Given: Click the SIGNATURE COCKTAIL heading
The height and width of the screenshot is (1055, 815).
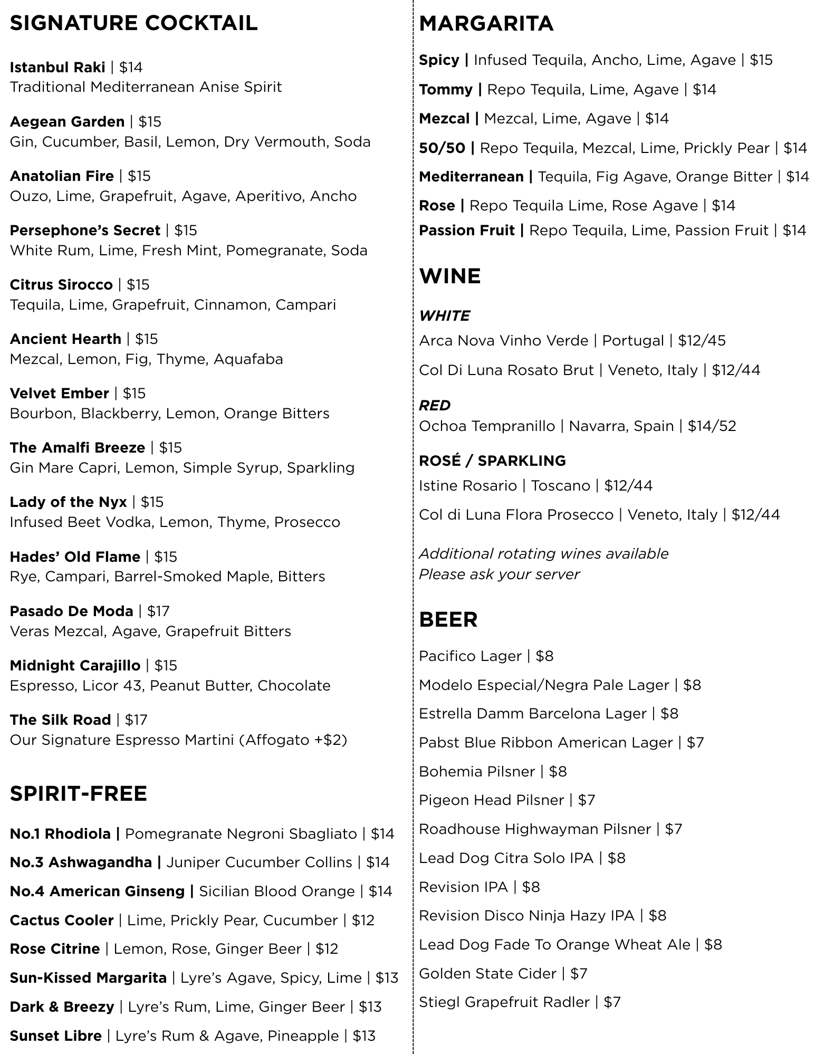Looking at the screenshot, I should (x=133, y=24).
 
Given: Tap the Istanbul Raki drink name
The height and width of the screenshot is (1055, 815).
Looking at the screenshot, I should (x=57, y=68).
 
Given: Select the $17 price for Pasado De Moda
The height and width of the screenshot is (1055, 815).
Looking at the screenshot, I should (x=158, y=611).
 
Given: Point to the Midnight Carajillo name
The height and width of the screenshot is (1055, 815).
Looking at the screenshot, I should (x=75, y=666).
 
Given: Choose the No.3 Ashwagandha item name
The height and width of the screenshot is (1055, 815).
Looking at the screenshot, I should (x=81, y=862).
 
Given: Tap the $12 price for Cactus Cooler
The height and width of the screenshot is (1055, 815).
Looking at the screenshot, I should (x=363, y=920).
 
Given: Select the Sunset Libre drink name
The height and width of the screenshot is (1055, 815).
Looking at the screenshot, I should (x=55, y=1036).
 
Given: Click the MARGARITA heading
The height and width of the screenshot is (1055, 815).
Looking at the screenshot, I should (x=486, y=24).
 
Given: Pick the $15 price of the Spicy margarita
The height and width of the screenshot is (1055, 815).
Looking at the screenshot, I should (x=761, y=60).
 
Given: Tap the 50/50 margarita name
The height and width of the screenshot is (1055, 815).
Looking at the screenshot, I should (x=442, y=148).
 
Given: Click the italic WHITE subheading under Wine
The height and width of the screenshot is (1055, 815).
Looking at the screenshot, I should (x=444, y=316).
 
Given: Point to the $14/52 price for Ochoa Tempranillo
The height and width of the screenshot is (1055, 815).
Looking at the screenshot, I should (x=712, y=426).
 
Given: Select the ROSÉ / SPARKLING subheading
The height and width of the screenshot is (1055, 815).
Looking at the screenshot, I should (x=492, y=461).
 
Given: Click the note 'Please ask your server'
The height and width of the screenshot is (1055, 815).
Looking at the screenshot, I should (x=499, y=574).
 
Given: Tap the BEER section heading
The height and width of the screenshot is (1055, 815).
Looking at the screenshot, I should (x=448, y=620).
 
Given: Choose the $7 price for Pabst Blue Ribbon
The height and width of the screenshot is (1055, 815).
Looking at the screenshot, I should (x=695, y=743).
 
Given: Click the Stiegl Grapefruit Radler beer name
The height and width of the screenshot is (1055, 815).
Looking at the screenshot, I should (x=504, y=1002).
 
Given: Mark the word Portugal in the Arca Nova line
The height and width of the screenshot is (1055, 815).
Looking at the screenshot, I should (x=632, y=341).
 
